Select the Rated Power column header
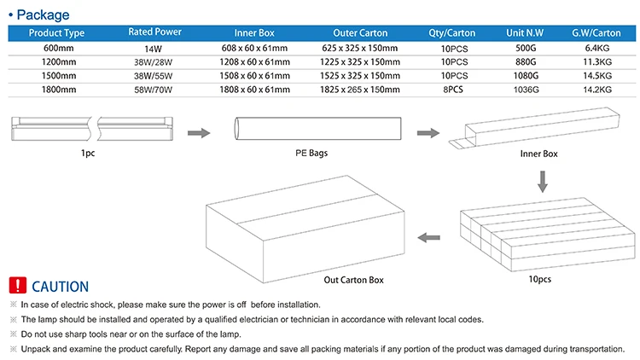(x=154, y=32)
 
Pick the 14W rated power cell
(x=154, y=48)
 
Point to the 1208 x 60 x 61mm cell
(x=254, y=61)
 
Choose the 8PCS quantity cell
(x=455, y=89)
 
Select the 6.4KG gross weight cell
(x=595, y=48)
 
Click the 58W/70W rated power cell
(x=154, y=89)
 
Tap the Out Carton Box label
(x=353, y=279)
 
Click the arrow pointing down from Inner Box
(x=540, y=182)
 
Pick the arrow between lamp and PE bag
(x=198, y=133)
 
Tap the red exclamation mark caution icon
(x=17, y=287)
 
